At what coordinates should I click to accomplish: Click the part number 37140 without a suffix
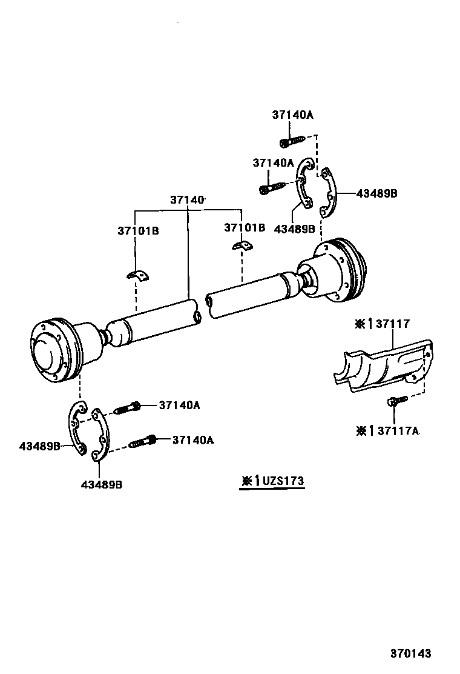coord(187,199)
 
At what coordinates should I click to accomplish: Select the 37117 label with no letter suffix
coord(392,324)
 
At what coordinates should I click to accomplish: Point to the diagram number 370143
coord(410,653)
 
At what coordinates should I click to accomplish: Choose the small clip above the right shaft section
coord(243,245)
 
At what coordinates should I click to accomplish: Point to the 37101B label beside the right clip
coord(245,228)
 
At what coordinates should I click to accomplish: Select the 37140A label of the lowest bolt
coord(193,440)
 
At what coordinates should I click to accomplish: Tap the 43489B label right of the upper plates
coord(376,193)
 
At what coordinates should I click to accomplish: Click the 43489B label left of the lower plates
coord(39,446)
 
